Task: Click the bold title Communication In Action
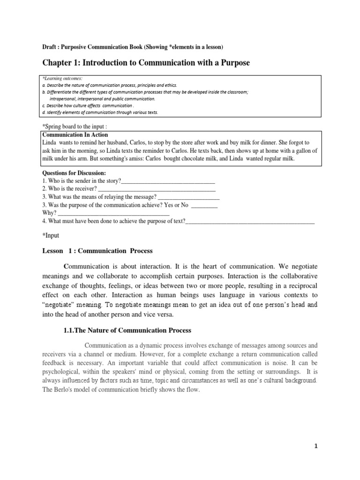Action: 75,135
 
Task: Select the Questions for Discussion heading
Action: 74,173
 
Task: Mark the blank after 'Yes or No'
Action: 204,205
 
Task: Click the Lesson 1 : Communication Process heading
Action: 97,251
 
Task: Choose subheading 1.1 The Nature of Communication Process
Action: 127,330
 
